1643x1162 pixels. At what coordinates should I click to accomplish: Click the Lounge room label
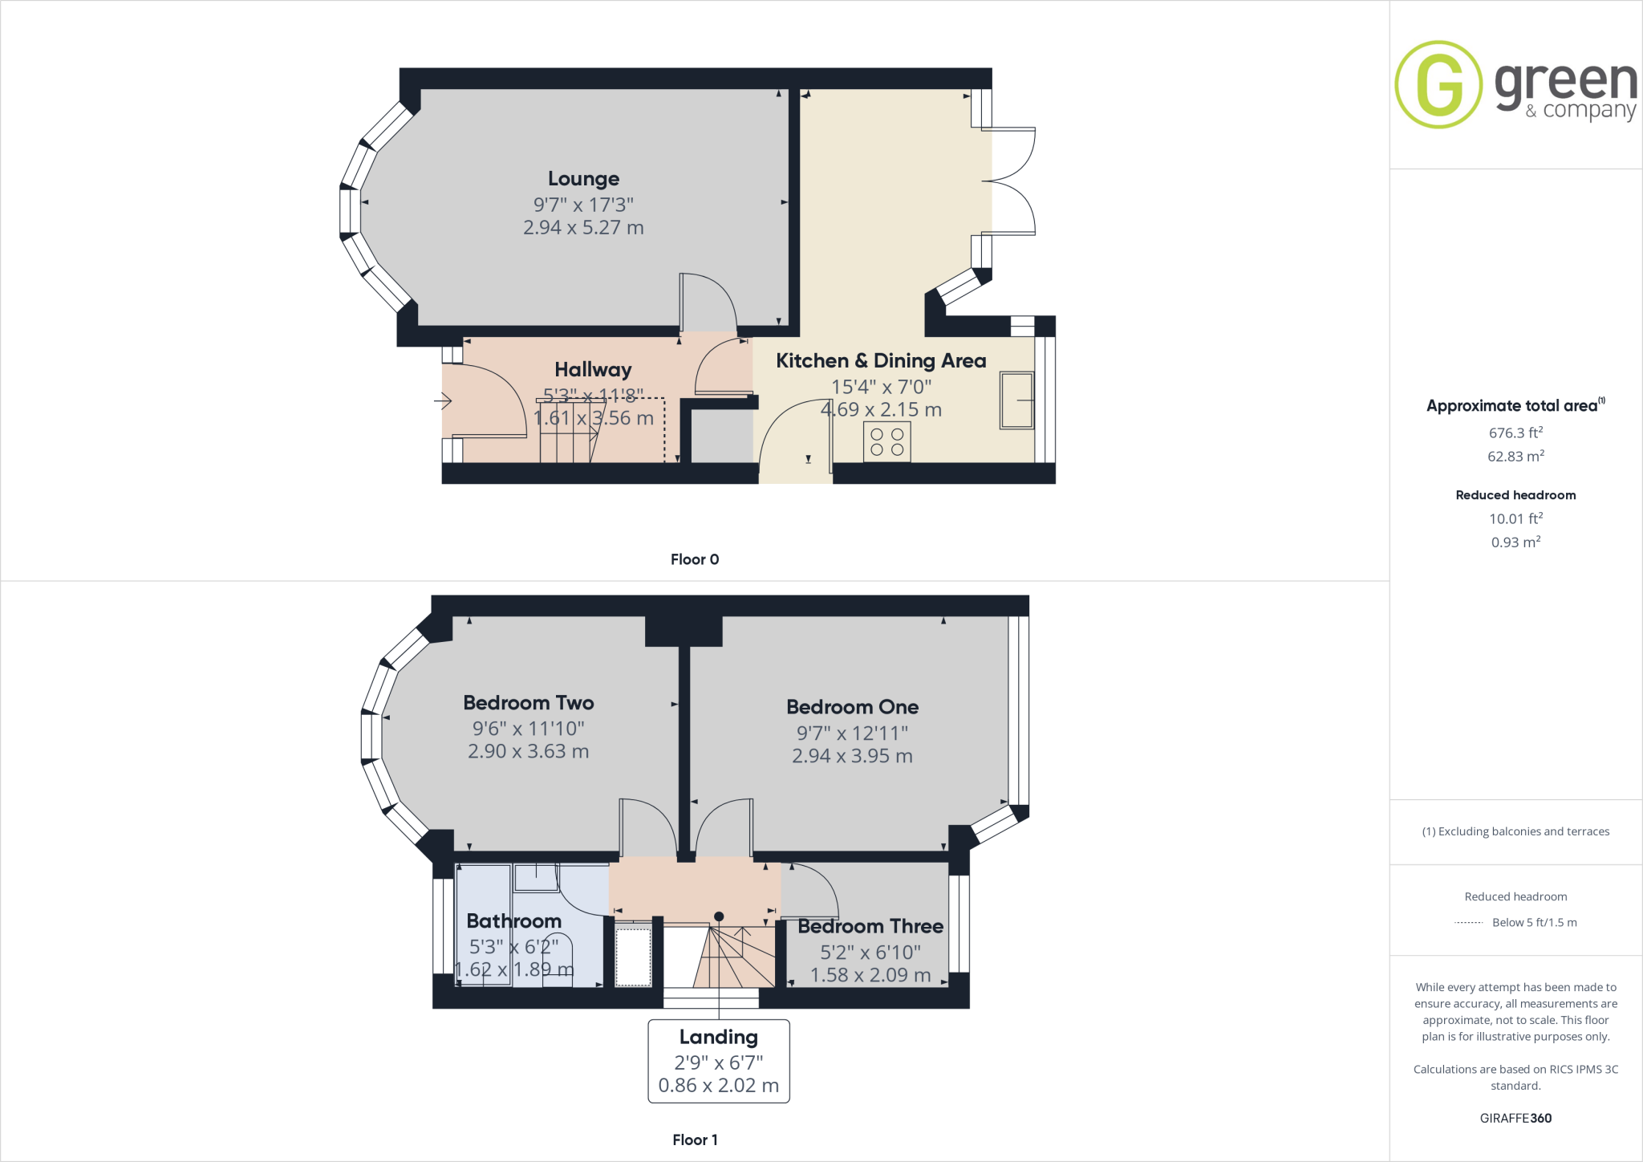(x=583, y=178)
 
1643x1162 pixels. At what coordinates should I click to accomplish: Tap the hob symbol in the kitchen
(x=886, y=442)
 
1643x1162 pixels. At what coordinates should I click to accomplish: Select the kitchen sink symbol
(x=1016, y=400)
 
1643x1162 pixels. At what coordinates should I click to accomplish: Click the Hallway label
(x=593, y=369)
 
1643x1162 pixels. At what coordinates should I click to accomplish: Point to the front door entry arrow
(x=443, y=400)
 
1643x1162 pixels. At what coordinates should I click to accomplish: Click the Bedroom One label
(x=852, y=707)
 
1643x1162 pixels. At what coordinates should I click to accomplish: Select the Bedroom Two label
(x=528, y=703)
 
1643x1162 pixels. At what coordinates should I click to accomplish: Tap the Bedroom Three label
(x=870, y=926)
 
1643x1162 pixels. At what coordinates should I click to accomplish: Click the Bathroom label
(x=513, y=920)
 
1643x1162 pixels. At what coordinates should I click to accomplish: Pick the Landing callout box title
(x=718, y=1037)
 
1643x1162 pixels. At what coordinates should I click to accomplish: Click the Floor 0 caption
(x=694, y=559)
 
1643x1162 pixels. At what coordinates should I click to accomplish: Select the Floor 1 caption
(x=694, y=1140)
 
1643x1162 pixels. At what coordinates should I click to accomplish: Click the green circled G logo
(x=1438, y=84)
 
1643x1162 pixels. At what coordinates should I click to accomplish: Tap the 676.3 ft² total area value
(x=1515, y=433)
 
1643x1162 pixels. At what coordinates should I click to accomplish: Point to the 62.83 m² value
(x=1515, y=456)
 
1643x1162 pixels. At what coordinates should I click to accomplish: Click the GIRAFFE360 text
(x=1515, y=1118)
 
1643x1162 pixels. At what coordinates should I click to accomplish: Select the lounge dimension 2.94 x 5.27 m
(x=583, y=228)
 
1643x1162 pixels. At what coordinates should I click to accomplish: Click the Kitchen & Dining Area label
(x=880, y=361)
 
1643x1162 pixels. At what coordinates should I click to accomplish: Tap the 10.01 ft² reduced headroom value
(x=1515, y=518)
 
